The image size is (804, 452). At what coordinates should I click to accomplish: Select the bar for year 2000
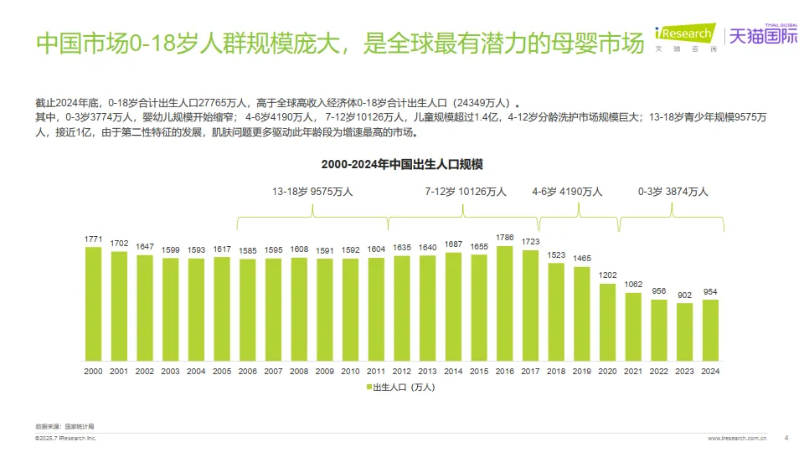tap(94, 305)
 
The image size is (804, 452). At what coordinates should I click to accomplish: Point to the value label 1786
tap(505, 238)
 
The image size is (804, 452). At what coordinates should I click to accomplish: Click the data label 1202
tap(608, 275)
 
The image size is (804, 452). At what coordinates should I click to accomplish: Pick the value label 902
tap(685, 295)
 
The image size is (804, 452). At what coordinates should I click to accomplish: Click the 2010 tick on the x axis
tap(351, 371)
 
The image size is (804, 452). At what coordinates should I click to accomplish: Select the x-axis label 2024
tap(710, 371)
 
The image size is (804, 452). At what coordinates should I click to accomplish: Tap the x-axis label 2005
tap(222, 371)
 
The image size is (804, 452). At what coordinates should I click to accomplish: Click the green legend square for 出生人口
tap(368, 388)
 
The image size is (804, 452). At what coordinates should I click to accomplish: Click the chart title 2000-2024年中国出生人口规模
tap(402, 162)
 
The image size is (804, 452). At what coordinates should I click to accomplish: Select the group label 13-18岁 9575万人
tap(312, 192)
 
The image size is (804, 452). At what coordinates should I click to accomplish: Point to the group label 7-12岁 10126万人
tap(466, 192)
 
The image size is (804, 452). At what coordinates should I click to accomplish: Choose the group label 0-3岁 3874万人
tap(673, 192)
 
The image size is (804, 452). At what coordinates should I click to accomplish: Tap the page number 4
tap(786, 437)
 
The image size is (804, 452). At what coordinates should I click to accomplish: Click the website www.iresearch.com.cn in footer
tap(738, 438)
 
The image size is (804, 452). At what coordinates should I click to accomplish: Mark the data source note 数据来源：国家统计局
tap(59, 426)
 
